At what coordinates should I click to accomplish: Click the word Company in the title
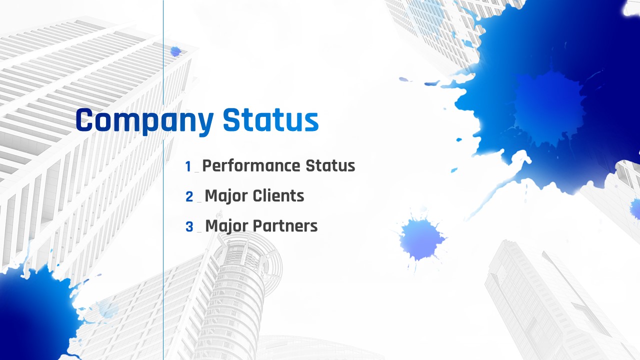(144, 120)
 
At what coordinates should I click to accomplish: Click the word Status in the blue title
(270, 120)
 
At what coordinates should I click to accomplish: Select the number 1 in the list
(188, 166)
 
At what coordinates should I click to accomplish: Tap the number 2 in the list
(189, 196)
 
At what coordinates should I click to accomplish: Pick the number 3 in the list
(189, 227)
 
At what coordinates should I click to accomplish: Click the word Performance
(251, 166)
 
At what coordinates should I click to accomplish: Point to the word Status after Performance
(330, 165)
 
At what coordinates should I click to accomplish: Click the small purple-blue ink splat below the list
(420, 239)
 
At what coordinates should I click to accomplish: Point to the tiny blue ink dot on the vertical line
(175, 51)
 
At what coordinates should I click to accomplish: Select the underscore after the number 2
(199, 202)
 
